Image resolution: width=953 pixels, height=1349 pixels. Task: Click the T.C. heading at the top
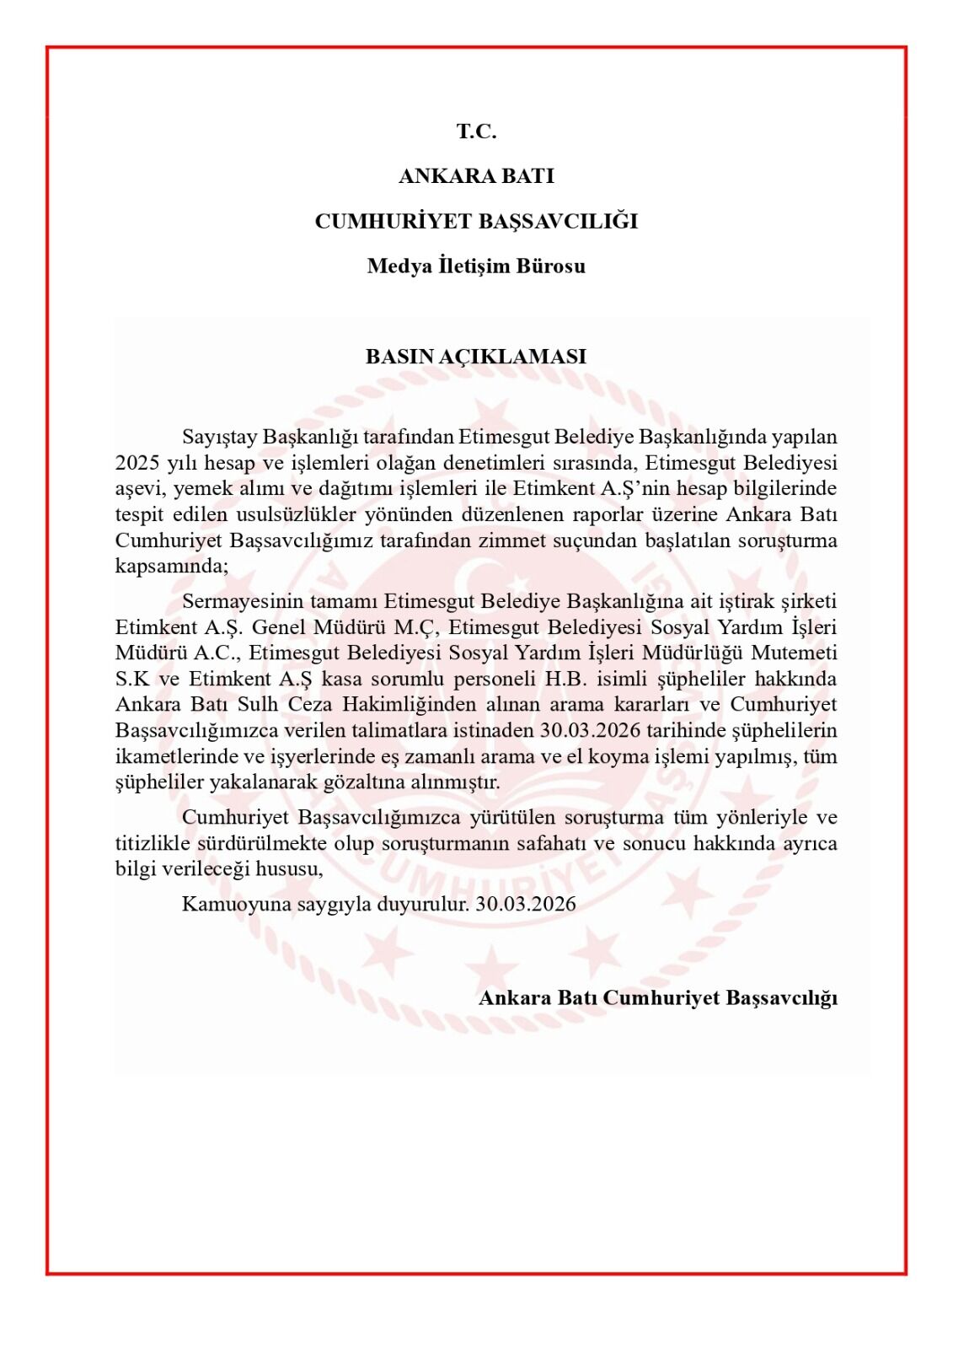(476, 132)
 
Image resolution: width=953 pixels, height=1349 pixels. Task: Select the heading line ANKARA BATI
(476, 176)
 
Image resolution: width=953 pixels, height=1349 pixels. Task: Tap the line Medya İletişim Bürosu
(476, 266)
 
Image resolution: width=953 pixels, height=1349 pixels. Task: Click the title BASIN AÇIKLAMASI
(476, 357)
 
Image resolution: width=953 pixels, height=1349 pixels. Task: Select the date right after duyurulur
(526, 905)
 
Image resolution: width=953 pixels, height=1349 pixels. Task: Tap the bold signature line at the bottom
(657, 998)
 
